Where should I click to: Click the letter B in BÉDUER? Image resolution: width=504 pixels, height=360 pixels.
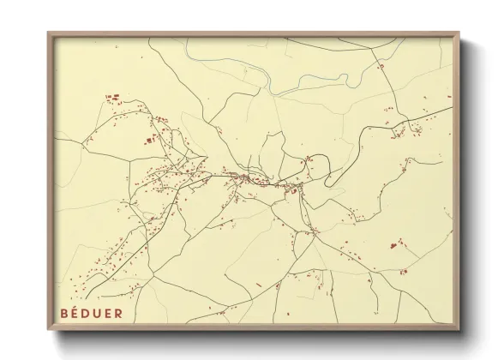click(65, 313)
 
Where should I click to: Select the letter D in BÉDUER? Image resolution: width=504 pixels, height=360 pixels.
click(88, 313)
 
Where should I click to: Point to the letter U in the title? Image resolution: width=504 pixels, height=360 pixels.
click(99, 313)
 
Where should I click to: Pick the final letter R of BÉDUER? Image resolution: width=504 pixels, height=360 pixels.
click(119, 313)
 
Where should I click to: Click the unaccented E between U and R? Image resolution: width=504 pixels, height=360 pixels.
click(110, 313)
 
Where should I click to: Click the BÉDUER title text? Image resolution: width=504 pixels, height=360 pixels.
click(92, 313)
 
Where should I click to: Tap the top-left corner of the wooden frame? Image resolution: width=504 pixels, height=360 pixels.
click(49, 33)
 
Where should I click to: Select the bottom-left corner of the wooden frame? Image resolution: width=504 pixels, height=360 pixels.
click(49, 329)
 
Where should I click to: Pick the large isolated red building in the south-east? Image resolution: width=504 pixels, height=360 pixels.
click(393, 245)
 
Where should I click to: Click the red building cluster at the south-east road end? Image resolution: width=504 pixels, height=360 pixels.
click(403, 272)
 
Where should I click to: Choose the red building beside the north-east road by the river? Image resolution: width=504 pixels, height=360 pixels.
click(380, 65)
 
